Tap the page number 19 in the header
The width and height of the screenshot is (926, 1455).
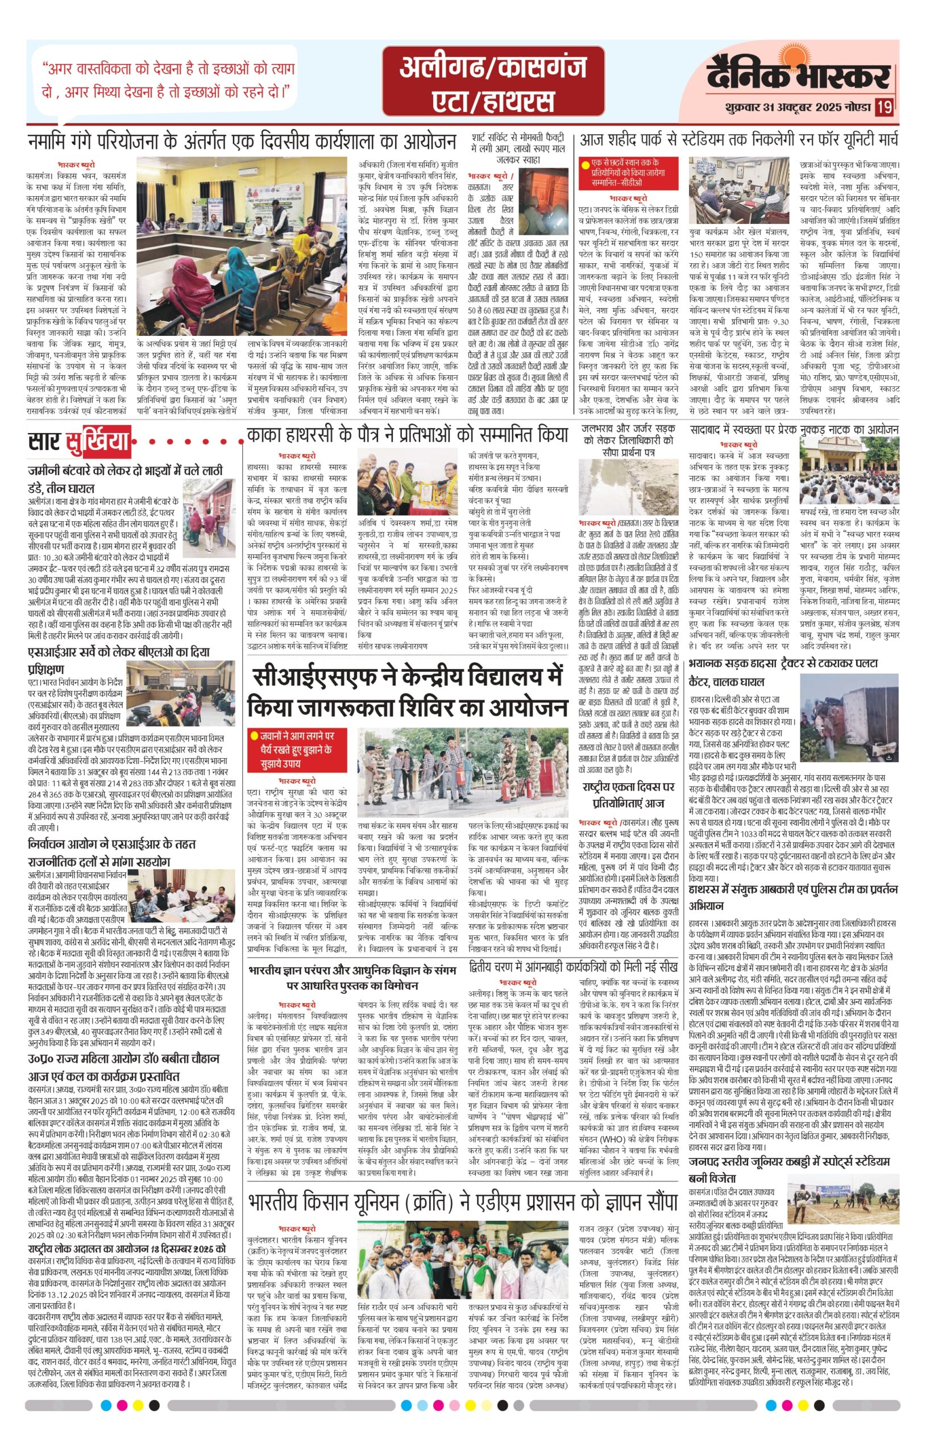[x=885, y=107]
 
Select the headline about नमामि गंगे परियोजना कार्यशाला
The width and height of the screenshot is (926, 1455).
[x=242, y=142]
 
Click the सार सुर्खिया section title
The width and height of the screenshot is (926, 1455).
[x=79, y=442]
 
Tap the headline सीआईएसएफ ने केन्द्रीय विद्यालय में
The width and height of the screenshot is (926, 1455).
[x=407, y=691]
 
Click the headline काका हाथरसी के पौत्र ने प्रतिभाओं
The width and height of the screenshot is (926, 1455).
[x=407, y=435]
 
